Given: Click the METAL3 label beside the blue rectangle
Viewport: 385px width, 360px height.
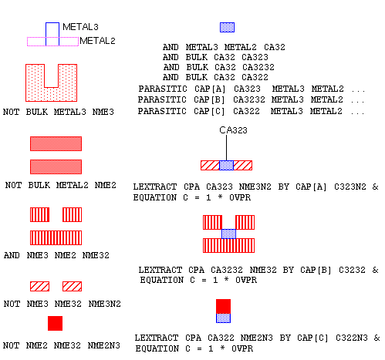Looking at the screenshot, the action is click(80, 27).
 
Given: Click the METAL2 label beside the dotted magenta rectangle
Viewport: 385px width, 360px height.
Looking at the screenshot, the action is click(97, 41).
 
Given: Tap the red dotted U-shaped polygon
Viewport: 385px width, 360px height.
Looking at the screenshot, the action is click(52, 94).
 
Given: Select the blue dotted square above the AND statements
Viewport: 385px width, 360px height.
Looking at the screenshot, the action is click(227, 27).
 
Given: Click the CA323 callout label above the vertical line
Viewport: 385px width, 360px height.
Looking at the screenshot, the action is click(233, 130).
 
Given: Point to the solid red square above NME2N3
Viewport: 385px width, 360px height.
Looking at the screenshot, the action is click(55, 323).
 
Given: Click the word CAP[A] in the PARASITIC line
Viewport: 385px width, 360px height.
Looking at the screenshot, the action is click(210, 89).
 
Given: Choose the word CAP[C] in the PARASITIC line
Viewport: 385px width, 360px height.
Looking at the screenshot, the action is click(209, 111).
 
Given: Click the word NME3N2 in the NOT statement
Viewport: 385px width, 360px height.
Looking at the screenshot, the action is click(105, 304).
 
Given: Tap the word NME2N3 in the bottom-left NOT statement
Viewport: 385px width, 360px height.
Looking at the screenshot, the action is click(104, 345).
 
